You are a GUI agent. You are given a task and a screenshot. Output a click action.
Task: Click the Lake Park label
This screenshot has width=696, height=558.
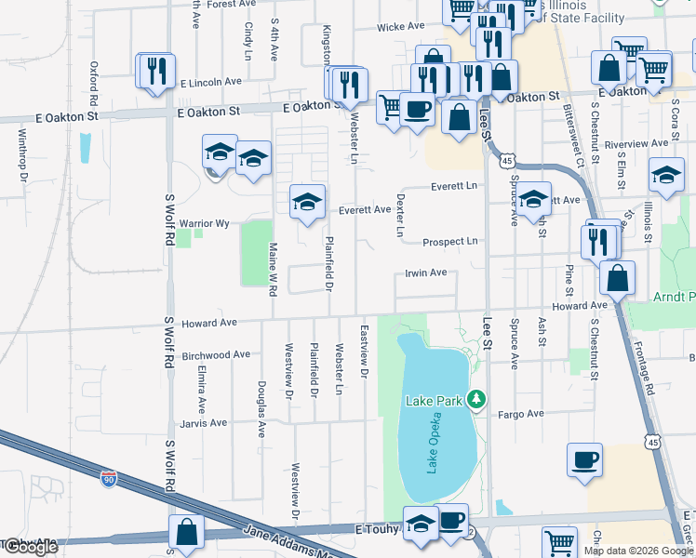[434, 401]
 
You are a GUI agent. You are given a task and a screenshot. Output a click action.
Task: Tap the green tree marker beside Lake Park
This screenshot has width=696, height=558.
[476, 399]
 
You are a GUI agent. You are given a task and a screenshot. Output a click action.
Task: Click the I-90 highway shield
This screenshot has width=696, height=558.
[110, 479]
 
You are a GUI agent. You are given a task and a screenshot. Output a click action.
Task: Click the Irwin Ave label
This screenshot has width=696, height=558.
[425, 272]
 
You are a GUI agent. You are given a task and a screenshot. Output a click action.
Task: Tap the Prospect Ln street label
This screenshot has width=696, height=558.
[449, 241]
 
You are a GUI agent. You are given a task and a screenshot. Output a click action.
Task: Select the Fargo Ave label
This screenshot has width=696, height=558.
[519, 415]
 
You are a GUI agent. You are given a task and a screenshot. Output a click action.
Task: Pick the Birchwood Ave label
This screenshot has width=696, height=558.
[216, 354]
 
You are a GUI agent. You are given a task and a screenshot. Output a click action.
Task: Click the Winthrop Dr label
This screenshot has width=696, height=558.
[23, 153]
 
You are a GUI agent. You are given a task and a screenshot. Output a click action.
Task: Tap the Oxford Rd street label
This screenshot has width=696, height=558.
[94, 84]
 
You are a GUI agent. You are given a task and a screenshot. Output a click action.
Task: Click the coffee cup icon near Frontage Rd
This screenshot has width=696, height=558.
[585, 460]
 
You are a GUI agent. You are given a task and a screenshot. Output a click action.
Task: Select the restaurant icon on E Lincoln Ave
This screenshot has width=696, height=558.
[155, 71]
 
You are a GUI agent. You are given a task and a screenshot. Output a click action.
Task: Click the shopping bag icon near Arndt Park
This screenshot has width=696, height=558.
[618, 276]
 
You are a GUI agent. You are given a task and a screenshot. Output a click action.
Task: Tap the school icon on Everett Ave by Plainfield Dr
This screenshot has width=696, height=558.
[307, 202]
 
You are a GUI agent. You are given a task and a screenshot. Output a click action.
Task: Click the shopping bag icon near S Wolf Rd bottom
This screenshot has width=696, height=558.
[186, 532]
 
